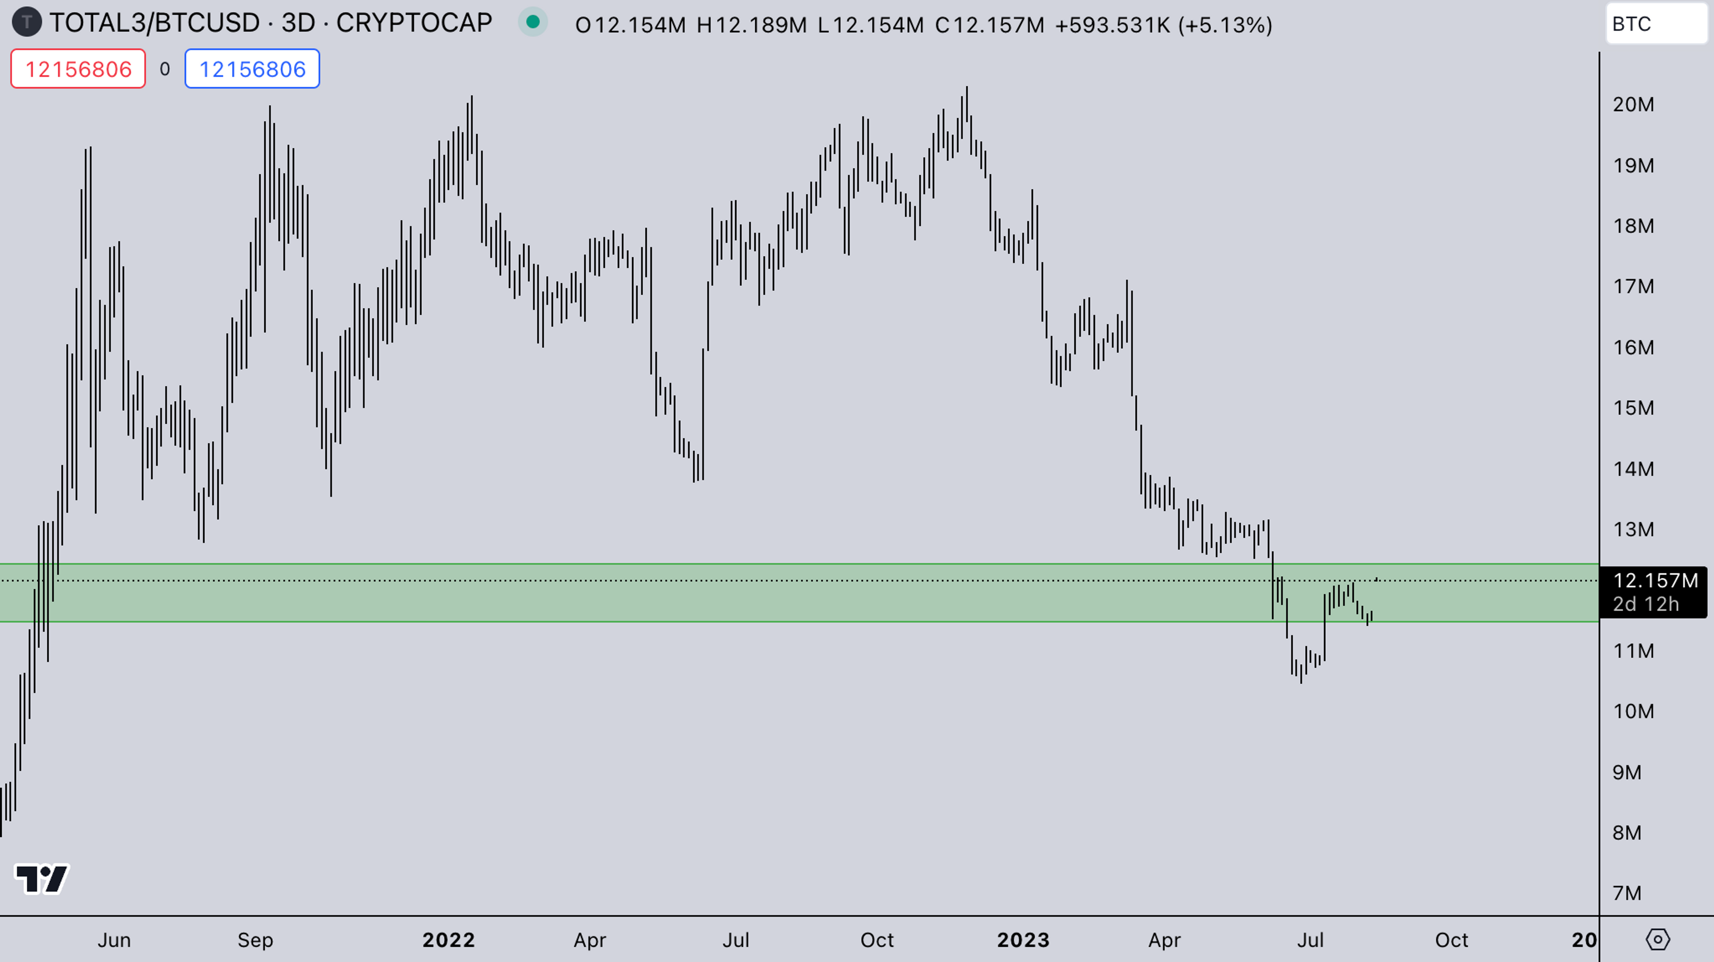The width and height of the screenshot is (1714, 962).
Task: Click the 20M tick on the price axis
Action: [1633, 105]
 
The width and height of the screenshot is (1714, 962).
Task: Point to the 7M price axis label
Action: [1627, 893]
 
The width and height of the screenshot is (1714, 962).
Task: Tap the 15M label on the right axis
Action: [1633, 407]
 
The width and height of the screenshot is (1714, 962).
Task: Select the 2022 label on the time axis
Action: [449, 939]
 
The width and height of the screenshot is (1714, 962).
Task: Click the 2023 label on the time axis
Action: [1023, 939]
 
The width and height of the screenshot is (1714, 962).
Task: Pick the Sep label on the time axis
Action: [255, 939]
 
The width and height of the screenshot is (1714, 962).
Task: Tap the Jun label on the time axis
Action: [114, 939]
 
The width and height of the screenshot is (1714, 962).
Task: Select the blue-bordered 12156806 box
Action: [252, 69]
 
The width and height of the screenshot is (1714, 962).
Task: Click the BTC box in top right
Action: [1656, 24]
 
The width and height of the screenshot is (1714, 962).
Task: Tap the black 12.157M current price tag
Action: [1655, 581]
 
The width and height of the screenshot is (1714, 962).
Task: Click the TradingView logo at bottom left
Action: [41, 879]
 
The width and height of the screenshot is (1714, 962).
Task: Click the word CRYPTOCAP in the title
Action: [414, 23]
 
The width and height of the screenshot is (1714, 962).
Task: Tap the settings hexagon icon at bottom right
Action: [1657, 939]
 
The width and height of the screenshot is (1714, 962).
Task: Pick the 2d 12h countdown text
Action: [1645, 604]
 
